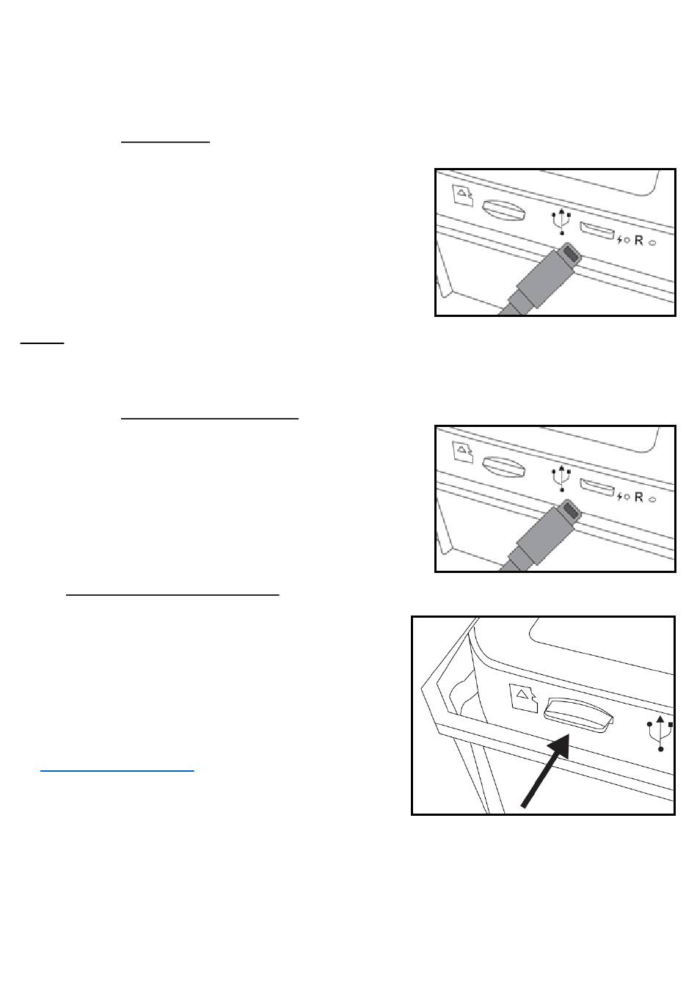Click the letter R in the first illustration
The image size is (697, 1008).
(638, 240)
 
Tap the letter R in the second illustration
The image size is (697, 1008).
(638, 497)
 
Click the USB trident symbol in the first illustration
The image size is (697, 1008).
(561, 221)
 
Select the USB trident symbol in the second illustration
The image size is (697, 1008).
(561, 478)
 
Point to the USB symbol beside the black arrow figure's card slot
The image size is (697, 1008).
(660, 733)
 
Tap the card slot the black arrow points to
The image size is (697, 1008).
(578, 715)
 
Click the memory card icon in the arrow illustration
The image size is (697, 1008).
(523, 698)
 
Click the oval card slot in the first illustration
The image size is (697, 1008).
(503, 210)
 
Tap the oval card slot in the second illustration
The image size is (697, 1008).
(503, 467)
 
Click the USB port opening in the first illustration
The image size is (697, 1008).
(596, 230)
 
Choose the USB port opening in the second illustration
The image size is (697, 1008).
(596, 487)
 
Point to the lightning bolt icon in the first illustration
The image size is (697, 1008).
(620, 240)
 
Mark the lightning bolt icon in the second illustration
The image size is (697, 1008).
(620, 497)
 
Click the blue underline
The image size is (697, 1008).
(117, 771)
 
